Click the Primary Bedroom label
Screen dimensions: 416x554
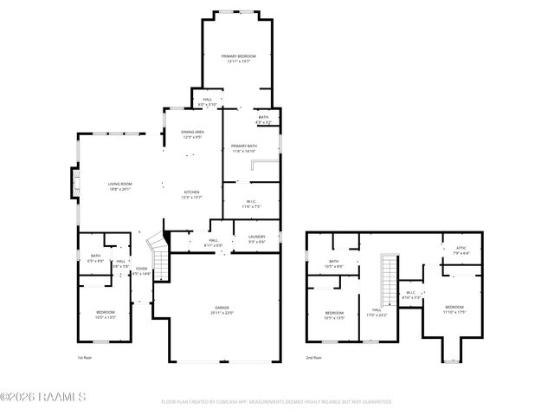[x=238, y=58]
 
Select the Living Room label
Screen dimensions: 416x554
[x=119, y=185]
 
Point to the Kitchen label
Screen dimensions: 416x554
[x=192, y=194]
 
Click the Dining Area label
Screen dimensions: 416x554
[x=192, y=134]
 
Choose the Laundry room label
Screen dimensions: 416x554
[x=256, y=239]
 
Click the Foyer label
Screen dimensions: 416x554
[x=141, y=271]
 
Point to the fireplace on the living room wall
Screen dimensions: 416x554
[x=75, y=183]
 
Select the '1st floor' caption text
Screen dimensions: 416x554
[x=85, y=356]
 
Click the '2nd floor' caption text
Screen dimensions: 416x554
[x=312, y=356]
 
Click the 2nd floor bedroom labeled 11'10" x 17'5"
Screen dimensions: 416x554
[x=454, y=309]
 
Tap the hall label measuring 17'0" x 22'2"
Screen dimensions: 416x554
[x=377, y=313]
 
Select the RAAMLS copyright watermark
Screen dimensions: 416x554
[x=43, y=398]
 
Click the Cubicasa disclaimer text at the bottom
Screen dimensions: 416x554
[x=277, y=402]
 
